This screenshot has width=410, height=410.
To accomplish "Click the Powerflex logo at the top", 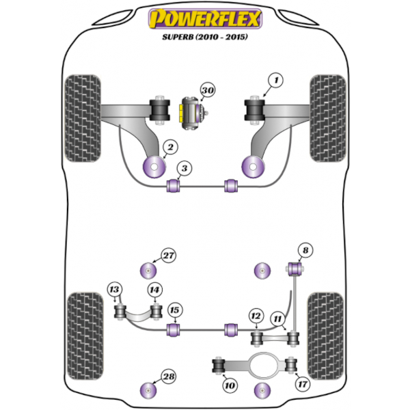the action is click(205, 18).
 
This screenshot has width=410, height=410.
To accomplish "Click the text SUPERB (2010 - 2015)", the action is click(205, 37).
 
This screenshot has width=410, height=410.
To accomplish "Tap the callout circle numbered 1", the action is click(276, 81).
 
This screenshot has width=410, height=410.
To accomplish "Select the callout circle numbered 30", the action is click(208, 90).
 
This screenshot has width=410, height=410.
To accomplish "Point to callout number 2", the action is click(170, 147).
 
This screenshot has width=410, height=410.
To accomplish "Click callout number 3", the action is click(184, 168).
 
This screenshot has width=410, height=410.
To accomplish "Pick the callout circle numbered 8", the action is click(305, 251).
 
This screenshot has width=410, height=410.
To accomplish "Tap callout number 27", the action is click(168, 255).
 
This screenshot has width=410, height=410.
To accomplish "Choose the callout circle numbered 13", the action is click(115, 290).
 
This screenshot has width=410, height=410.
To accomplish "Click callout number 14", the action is click(155, 290).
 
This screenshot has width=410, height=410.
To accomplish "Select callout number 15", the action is click(175, 310).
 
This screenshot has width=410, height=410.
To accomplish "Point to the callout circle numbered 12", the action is click(256, 316).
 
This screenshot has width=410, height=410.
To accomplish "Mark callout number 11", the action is click(277, 318).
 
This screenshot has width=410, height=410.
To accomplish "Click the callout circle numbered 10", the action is click(230, 385).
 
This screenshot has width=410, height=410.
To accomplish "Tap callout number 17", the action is click(303, 384).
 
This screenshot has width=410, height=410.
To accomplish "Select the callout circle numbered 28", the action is click(168, 377).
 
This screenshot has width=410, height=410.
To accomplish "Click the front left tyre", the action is click(83, 118).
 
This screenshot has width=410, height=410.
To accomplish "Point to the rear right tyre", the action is click(325, 336).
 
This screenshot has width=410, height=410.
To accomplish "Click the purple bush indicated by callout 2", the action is click(154, 167).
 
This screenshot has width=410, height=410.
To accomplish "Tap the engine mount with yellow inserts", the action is click(193, 113).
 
